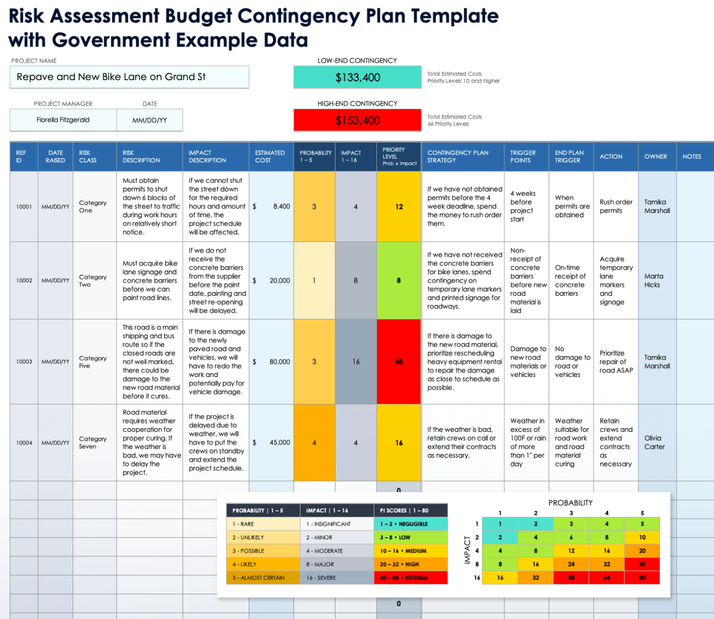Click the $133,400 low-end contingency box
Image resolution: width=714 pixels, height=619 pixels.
pyautogui.click(x=358, y=77)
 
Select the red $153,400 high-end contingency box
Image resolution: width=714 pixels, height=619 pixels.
pyautogui.click(x=358, y=120)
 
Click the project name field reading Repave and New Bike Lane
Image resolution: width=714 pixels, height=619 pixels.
pyautogui.click(x=129, y=77)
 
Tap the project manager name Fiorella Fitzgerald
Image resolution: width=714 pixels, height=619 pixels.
pyautogui.click(x=63, y=120)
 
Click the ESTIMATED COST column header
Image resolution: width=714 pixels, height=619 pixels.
pyautogui.click(x=270, y=156)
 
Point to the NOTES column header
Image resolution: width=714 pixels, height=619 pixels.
pyautogui.click(x=692, y=156)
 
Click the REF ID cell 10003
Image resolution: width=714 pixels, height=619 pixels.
pyautogui.click(x=24, y=362)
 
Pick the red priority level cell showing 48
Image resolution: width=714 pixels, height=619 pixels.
pyautogui.click(x=399, y=362)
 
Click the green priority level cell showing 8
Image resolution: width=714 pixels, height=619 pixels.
pyautogui.click(x=399, y=280)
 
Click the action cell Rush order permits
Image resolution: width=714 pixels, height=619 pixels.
pyautogui.click(x=616, y=206)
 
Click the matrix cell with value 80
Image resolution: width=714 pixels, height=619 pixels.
pyautogui.click(x=642, y=577)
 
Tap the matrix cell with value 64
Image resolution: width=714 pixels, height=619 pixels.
pyautogui.click(x=606, y=577)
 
